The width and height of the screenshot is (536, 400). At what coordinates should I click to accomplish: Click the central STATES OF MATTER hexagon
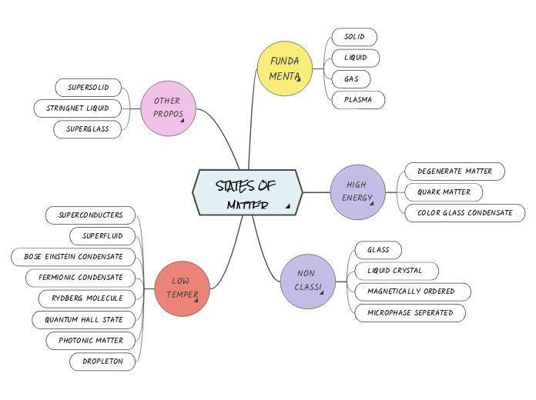[246, 192]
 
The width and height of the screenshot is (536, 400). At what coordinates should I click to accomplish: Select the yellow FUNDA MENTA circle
[285, 68]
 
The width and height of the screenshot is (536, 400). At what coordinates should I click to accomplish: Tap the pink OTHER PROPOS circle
[169, 108]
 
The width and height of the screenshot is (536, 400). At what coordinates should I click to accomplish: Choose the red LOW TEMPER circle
[183, 288]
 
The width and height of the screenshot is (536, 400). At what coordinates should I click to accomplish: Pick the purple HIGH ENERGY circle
[357, 192]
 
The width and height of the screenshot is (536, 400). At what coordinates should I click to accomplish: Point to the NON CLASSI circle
[307, 281]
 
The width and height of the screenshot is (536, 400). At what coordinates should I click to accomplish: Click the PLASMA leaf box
[358, 100]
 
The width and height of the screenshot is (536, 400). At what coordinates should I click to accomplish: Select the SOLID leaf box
[354, 37]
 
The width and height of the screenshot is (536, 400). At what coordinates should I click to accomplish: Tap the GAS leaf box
[351, 79]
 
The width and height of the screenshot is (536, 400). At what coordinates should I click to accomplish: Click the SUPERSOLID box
[89, 87]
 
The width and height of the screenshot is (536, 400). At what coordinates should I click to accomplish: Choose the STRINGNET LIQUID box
[78, 108]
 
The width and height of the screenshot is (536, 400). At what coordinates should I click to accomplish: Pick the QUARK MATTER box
[444, 192]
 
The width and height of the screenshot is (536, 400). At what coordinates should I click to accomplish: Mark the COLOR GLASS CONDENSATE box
[464, 213]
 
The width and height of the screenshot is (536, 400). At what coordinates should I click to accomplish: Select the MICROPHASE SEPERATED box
[410, 312]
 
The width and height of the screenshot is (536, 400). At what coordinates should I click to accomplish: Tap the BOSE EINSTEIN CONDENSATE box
[73, 256]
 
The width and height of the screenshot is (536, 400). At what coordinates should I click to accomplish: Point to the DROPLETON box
[102, 361]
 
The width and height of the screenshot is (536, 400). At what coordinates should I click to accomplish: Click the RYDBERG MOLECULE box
[87, 298]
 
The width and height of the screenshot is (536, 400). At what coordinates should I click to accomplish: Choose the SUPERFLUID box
[102, 235]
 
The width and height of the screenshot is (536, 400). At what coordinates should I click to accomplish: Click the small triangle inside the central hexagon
[287, 206]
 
